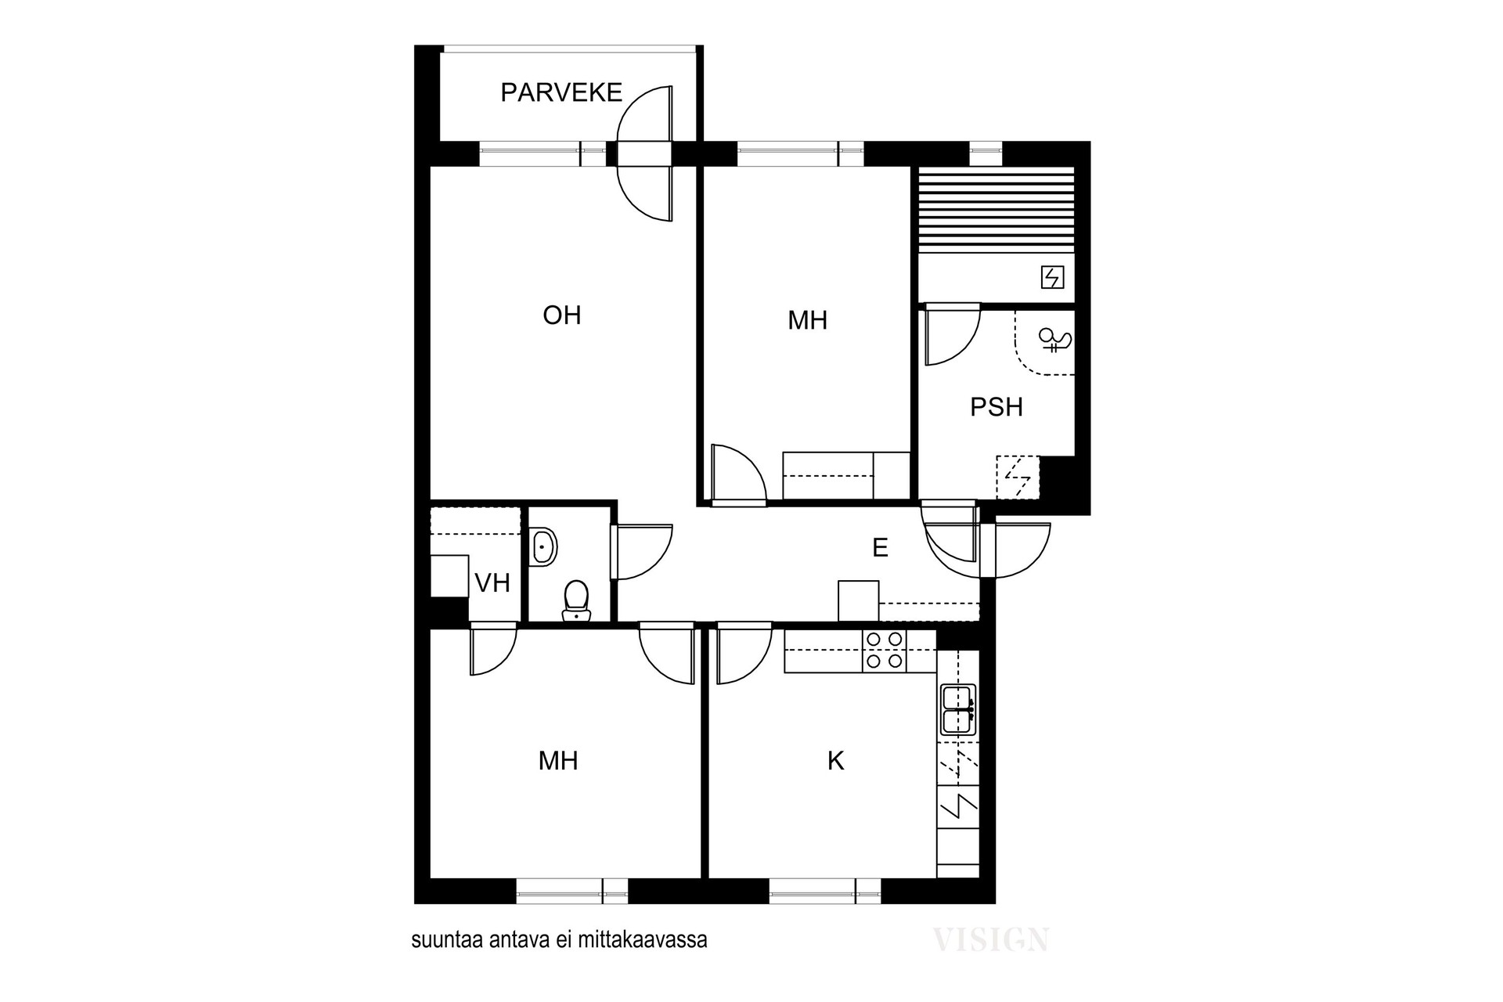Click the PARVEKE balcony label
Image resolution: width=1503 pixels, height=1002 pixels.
(561, 92)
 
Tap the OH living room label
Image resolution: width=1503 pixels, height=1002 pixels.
(562, 315)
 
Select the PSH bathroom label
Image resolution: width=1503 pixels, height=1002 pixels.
(997, 407)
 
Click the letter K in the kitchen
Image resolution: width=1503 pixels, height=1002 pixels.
(836, 761)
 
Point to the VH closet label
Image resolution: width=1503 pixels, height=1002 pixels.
(492, 582)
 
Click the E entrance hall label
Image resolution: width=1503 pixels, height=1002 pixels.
(880, 548)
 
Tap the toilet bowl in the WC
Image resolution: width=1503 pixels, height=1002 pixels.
(577, 600)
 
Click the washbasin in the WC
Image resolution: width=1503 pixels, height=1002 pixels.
(544, 547)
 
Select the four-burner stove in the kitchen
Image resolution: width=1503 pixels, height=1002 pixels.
(885, 651)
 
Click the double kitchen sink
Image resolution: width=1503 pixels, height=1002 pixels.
(958, 709)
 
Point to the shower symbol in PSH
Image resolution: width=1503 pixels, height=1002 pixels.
(1054, 340)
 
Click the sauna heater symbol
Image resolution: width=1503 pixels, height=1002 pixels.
(1052, 277)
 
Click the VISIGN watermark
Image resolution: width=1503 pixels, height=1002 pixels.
(991, 939)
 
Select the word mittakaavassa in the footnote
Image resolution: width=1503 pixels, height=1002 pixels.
(643, 940)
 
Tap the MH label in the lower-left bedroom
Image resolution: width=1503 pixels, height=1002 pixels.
(558, 761)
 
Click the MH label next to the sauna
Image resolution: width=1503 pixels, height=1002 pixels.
(808, 320)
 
